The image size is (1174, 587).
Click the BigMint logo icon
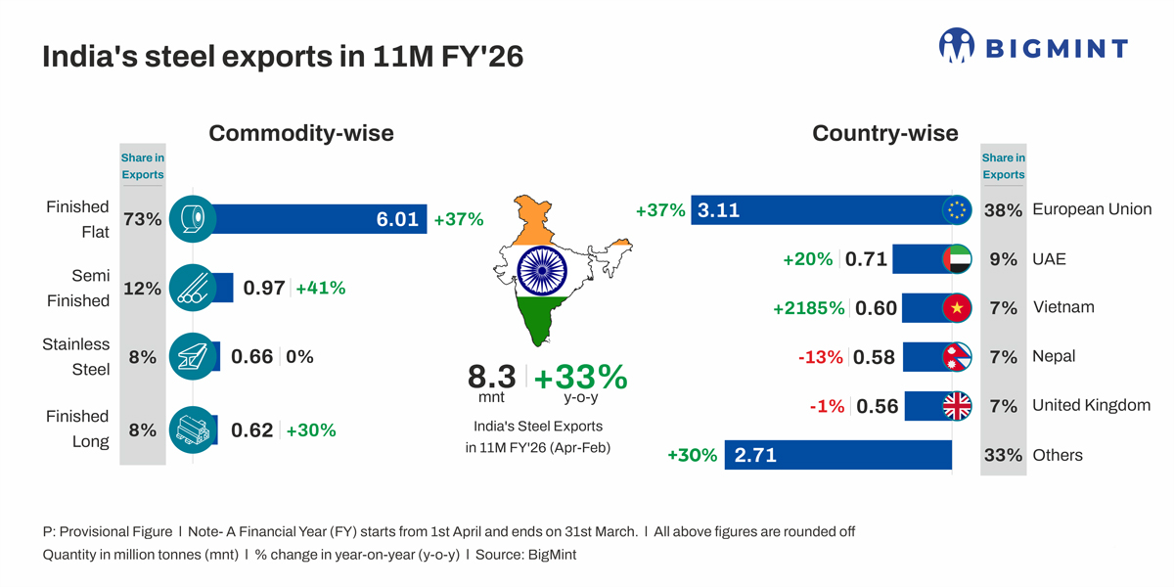pos(956,46)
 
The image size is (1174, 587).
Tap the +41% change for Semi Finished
pos(320,288)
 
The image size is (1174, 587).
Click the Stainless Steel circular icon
pos(193,356)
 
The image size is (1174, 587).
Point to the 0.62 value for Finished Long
pos(251,429)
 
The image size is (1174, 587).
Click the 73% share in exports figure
pos(142,219)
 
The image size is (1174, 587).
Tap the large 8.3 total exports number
pos(492,377)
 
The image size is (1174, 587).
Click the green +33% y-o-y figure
pos(580,377)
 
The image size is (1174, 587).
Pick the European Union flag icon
pos(956,210)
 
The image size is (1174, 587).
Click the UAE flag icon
pos(956,259)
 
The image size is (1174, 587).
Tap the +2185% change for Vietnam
pos(808,308)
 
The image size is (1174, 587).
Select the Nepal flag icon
pos(956,357)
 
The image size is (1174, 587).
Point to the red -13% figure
pos(820,357)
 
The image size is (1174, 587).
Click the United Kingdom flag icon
pos(956,406)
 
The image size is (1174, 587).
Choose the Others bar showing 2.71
pos(837,455)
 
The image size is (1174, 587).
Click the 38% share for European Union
pos(1003,210)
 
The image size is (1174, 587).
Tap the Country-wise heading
pos(884,133)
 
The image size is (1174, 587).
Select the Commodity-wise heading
pos(300,133)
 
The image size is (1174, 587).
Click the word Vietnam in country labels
pos(1063,307)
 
